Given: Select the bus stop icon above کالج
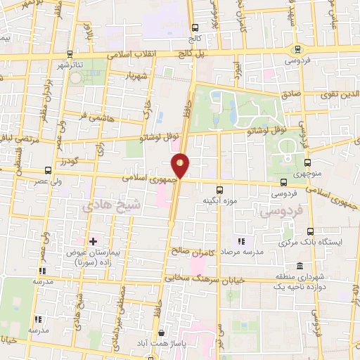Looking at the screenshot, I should (195, 27).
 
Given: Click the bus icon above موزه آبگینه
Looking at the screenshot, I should (219, 189).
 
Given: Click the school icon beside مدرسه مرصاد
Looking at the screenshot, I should (242, 241).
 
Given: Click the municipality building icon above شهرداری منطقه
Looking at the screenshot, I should (300, 266).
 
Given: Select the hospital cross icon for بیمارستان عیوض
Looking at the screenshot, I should (92, 242).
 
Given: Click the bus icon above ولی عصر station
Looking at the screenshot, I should (47, 170).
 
